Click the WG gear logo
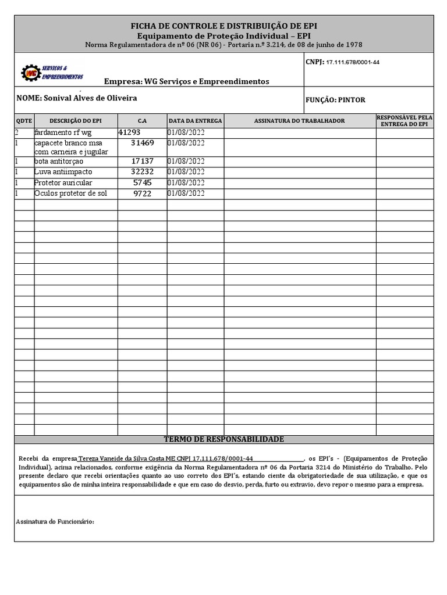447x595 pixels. coord(30,73)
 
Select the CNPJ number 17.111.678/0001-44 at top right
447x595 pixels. coord(353,62)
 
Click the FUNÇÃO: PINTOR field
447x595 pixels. coord(335,100)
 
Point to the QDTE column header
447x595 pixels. coord(23,121)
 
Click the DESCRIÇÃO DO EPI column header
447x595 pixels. coord(76,121)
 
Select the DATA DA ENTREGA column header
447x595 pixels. coord(196,121)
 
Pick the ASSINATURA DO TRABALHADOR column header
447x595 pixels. coord(299,121)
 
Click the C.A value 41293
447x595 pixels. coord(129,132)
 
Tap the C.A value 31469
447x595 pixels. coord(143,142)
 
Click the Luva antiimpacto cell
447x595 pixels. coord(63,172)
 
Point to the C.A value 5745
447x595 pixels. coord(143,182)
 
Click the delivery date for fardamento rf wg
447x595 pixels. coord(186,132)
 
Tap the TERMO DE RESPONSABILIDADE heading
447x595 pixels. coord(224,439)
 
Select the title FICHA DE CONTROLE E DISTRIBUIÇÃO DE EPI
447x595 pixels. coord(224,26)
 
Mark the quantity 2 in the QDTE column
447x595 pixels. coord(17,132)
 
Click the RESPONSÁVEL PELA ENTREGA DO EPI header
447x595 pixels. coord(405,121)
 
